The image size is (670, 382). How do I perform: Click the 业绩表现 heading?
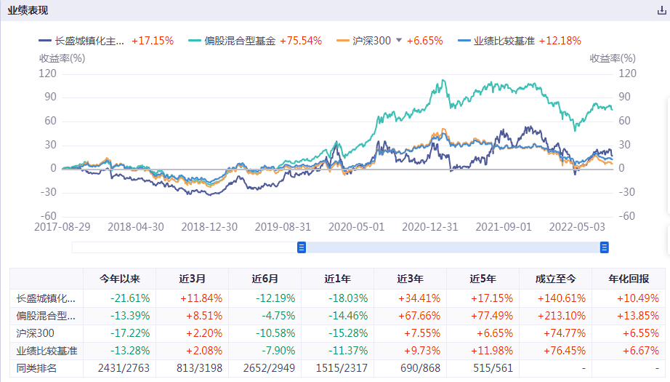coord(29,10)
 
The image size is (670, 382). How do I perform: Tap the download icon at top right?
coord(661,11)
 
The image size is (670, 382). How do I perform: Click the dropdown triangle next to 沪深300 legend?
coord(398,41)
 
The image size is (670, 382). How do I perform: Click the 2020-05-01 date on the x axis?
coord(356,226)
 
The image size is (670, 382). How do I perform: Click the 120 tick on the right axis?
coord(626,73)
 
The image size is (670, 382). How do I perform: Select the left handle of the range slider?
coord(302,247)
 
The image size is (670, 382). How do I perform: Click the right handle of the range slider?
coord(604,247)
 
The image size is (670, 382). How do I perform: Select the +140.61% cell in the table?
coord(556,298)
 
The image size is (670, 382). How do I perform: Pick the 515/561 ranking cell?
coord(483,368)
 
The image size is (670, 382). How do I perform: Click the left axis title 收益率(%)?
coord(62,58)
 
